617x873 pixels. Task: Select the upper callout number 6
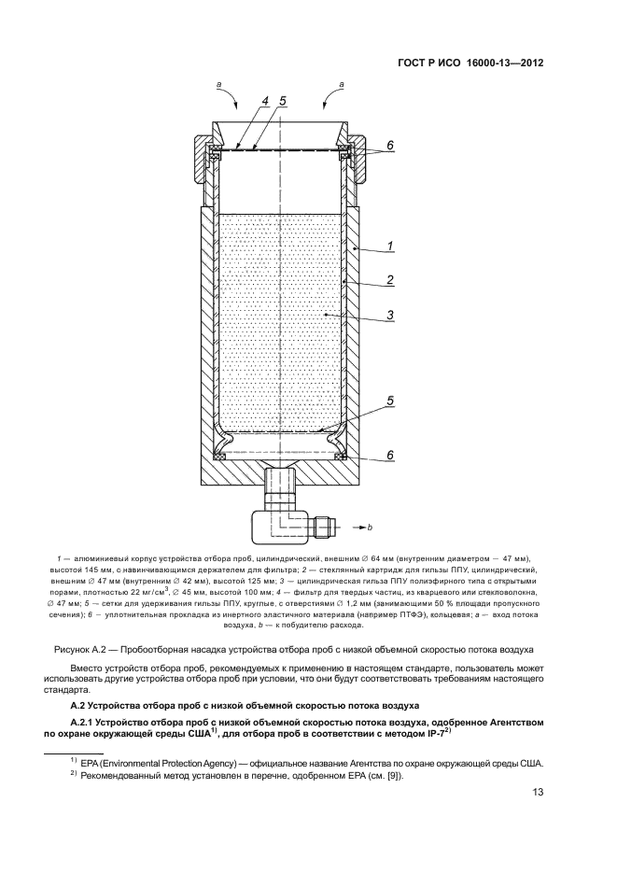[390, 146]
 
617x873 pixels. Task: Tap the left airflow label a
[218, 84]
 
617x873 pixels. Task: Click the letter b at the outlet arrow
[370, 528]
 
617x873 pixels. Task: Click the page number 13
[538, 793]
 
